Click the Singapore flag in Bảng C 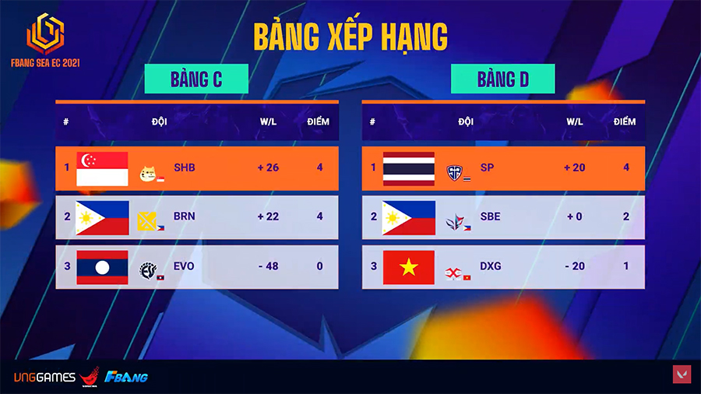coord(102,169)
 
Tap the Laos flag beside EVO coord(102,268)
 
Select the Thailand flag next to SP coord(409,169)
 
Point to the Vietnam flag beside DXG coord(409,268)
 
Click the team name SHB coord(184,167)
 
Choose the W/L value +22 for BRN coord(268,216)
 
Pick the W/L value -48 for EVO coord(268,266)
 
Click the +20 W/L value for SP coord(575,167)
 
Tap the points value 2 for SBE coord(626,216)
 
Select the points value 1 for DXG coord(626,266)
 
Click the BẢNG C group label coord(196,79)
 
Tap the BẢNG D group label coord(503,79)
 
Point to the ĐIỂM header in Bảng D coord(625,121)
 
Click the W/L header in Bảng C coord(268,121)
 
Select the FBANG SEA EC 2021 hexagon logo coord(46,33)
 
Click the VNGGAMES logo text coord(44,378)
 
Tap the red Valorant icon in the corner coord(682,375)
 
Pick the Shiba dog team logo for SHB coord(147,174)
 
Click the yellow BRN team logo coord(146,221)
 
